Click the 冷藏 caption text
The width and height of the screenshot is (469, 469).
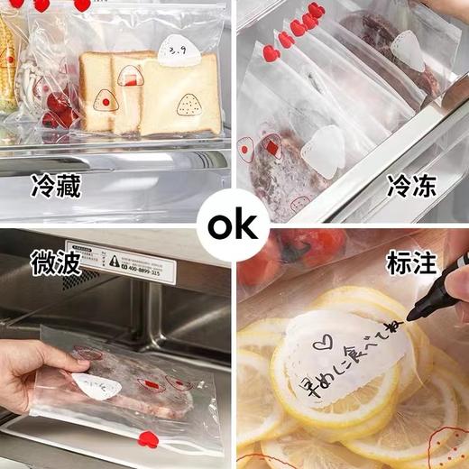click(55, 188)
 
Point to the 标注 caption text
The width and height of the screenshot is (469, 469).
click(412, 264)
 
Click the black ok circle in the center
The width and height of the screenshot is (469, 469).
click(233, 225)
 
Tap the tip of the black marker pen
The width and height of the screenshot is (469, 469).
click(409, 316)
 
